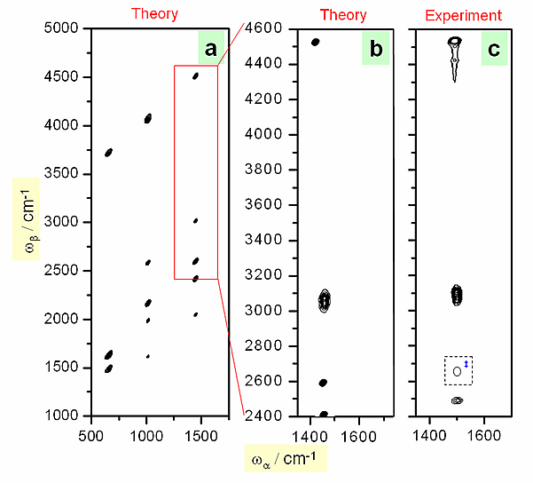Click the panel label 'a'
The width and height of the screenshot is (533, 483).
210,51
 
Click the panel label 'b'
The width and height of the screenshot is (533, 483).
376,51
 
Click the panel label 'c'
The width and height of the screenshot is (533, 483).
491,51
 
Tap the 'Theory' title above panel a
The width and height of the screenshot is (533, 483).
154,14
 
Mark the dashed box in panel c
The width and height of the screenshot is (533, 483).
459,370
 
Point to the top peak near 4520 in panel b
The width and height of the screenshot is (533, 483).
315,42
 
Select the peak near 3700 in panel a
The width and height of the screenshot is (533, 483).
108,153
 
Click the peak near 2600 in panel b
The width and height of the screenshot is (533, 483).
323,383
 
